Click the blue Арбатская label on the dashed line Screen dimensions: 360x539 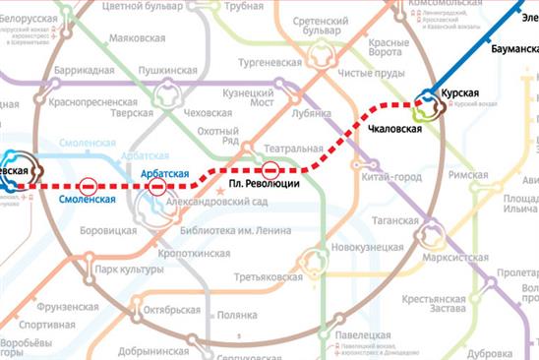[x=165, y=173]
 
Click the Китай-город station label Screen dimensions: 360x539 [x=390, y=176]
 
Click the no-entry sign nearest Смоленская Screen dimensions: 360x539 [x=88, y=185]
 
